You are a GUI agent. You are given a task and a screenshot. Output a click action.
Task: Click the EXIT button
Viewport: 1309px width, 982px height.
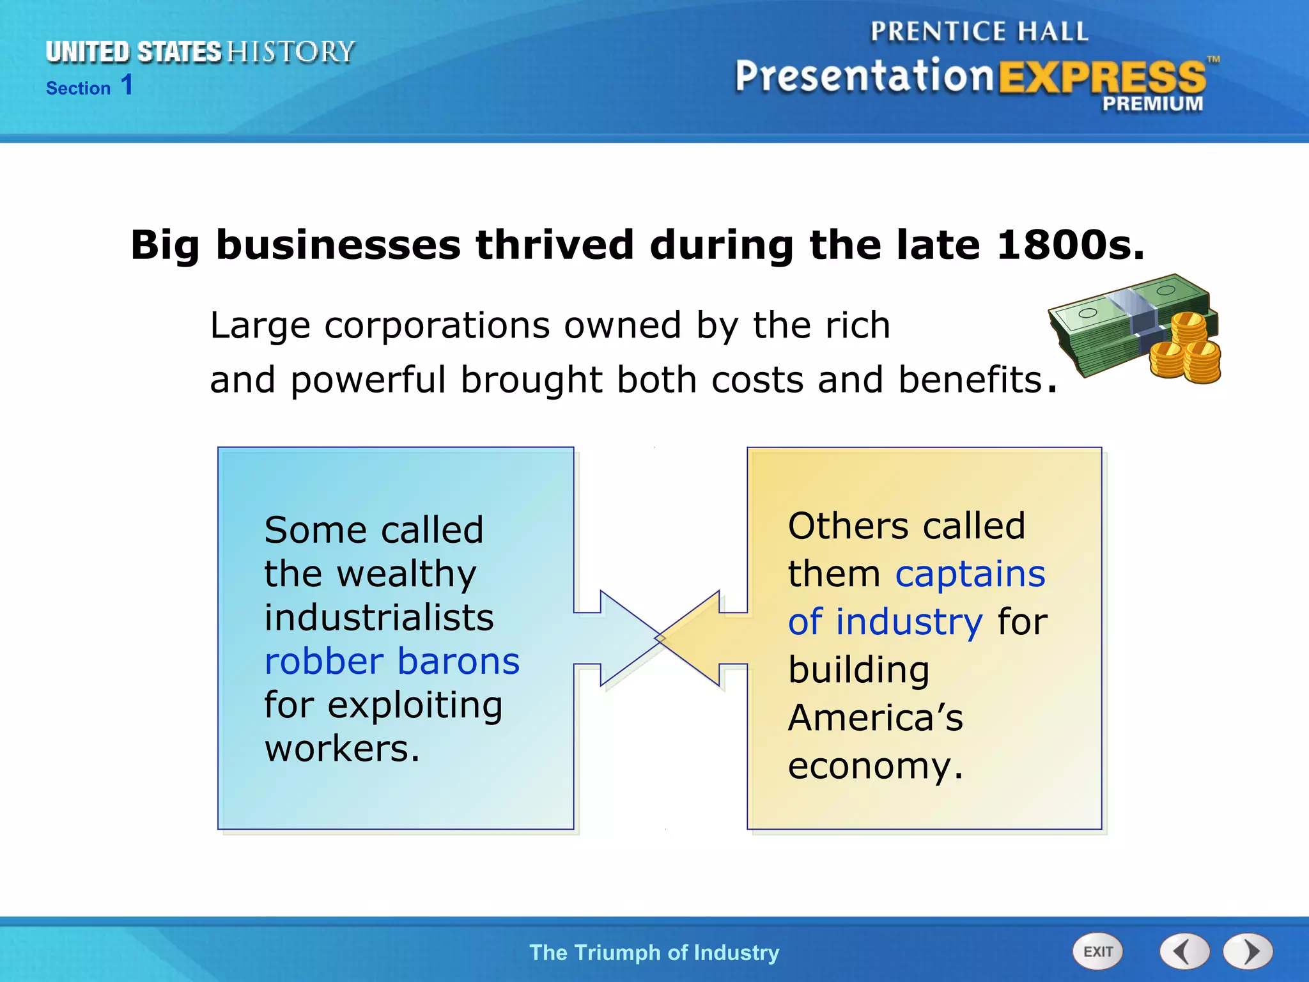point(1097,952)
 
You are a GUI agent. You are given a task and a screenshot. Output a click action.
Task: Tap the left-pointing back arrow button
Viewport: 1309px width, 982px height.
point(1184,952)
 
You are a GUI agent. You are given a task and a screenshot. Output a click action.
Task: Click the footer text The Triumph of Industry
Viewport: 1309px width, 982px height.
point(654,953)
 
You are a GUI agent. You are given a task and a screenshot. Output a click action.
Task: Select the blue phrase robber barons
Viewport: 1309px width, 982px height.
point(392,661)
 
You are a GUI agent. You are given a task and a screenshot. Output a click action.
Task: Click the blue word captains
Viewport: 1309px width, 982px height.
point(970,573)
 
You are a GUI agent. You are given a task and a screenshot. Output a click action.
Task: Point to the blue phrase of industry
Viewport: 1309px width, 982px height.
point(885,621)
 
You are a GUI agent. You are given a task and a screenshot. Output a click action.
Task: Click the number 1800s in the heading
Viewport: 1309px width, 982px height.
point(1069,245)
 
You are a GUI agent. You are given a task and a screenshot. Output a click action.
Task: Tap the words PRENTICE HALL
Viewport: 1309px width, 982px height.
point(979,31)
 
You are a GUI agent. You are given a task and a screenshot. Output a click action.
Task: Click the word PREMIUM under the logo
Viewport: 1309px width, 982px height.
point(1152,104)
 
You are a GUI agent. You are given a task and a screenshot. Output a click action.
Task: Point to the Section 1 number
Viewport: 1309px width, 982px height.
point(127,85)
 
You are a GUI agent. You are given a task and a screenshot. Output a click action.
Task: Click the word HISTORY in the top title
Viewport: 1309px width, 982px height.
point(291,52)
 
